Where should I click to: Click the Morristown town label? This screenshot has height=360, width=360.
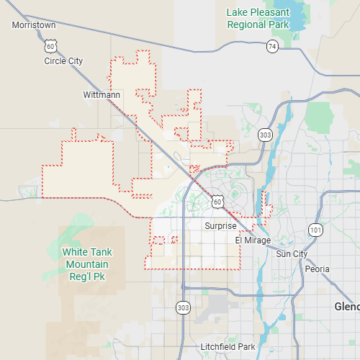pyautogui.click(x=34, y=25)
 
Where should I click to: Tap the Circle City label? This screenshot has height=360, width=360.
pyautogui.click(x=63, y=61)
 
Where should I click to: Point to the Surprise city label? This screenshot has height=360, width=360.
pyautogui.click(x=220, y=225)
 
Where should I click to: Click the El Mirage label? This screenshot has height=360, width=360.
pyautogui.click(x=253, y=240)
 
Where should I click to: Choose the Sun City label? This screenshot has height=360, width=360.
pyautogui.click(x=292, y=254)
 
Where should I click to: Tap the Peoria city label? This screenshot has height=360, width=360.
pyautogui.click(x=317, y=269)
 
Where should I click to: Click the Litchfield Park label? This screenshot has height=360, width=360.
pyautogui.click(x=228, y=347)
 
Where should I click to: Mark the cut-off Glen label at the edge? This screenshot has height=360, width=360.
pyautogui.click(x=347, y=307)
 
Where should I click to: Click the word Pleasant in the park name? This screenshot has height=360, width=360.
pyautogui.click(x=270, y=12)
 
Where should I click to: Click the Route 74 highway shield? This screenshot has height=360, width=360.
pyautogui.click(x=271, y=46)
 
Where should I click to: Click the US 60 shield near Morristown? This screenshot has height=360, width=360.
pyautogui.click(x=50, y=46)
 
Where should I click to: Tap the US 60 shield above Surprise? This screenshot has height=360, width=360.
pyautogui.click(x=217, y=202)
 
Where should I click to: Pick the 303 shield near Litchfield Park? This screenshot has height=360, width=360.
pyautogui.click(x=183, y=307)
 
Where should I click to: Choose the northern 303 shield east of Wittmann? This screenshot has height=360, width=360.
pyautogui.click(x=265, y=135)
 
